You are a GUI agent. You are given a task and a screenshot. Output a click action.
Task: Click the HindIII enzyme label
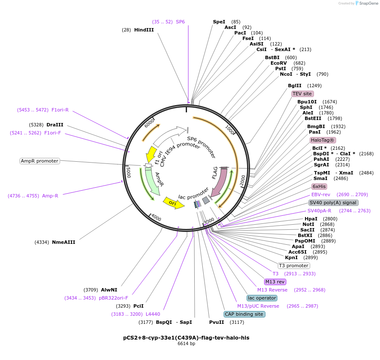tap(144, 30)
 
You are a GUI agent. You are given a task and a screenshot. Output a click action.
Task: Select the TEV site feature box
tap(302, 94)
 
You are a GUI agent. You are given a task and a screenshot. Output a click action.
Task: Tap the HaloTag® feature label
tap(322, 140)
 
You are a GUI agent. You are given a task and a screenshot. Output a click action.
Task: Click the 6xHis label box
tap(319, 186)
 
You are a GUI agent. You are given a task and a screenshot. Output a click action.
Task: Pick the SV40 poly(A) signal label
tap(333, 203)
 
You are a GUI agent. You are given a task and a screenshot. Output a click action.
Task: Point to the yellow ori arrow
tap(173, 203)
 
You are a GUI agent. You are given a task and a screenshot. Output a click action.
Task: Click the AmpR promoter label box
tap(40, 161)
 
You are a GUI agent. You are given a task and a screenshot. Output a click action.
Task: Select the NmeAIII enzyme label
tap(63, 242)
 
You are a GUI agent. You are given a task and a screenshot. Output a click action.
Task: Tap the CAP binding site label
tap(244, 314)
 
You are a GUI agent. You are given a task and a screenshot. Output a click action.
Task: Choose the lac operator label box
tap(262, 298)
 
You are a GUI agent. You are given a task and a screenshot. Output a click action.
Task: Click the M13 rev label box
tap(275, 282)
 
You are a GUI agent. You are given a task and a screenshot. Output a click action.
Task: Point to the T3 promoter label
tap(294, 266)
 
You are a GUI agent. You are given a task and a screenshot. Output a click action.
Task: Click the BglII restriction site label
tap(294, 86)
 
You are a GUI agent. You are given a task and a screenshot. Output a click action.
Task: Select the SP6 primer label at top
tap(180, 22)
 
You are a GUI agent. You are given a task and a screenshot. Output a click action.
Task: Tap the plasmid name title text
tap(186, 337)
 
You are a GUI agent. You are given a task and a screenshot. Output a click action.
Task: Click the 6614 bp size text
tap(186, 343)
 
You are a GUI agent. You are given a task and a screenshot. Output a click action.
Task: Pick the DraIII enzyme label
tap(55, 125)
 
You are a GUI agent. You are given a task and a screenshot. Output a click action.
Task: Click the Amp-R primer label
tap(50, 196)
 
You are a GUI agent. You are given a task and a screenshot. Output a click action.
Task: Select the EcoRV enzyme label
tap(279, 63)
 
